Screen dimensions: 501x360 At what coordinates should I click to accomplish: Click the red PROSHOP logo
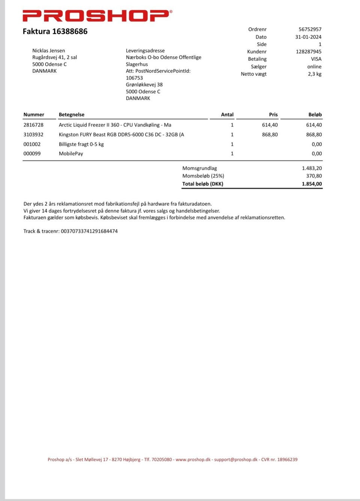click(97, 15)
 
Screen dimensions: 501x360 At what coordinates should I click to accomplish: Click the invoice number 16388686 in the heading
click(70, 31)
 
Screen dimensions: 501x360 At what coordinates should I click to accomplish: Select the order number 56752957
click(310, 29)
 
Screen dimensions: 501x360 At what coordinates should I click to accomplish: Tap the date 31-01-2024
click(308, 37)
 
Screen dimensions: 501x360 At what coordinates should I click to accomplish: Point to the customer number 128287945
click(308, 51)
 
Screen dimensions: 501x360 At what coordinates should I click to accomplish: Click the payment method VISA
click(316, 59)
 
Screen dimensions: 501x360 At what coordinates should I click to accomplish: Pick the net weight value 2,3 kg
click(314, 74)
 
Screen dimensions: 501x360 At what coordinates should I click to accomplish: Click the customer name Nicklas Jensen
click(48, 51)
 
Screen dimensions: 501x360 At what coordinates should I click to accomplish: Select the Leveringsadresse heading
click(145, 51)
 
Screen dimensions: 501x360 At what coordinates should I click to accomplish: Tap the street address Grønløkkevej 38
click(144, 85)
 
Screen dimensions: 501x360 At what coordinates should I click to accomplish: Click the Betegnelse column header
click(71, 115)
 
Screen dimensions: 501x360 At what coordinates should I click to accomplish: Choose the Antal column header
click(227, 115)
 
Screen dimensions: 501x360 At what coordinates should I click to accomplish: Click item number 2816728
click(33, 125)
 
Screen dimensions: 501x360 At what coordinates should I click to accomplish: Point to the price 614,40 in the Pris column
click(270, 125)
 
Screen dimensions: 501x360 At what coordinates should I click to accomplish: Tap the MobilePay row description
click(71, 154)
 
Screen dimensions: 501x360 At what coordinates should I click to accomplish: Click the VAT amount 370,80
click(313, 176)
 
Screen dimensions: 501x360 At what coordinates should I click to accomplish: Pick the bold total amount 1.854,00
click(312, 184)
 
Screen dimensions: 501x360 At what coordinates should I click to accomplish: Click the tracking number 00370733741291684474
click(89, 231)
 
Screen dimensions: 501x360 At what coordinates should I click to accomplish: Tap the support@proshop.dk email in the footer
click(235, 459)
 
